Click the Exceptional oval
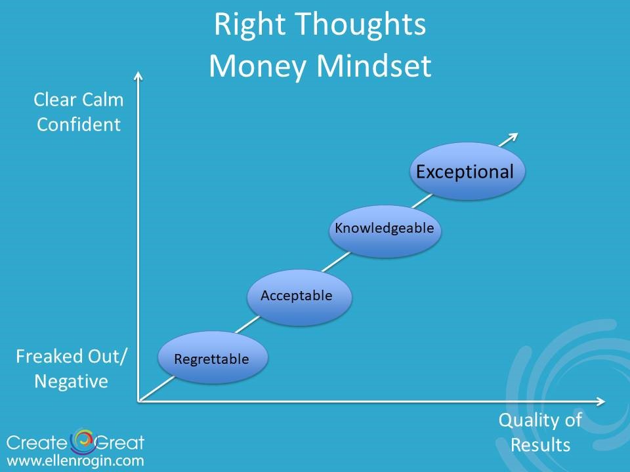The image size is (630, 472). (x=467, y=171)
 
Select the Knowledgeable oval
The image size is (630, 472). (x=385, y=231)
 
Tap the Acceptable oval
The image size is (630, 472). (x=299, y=297)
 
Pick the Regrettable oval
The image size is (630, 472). (x=213, y=357)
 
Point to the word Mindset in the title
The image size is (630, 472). (x=374, y=66)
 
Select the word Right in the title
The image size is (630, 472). (x=250, y=25)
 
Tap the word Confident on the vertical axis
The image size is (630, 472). (x=79, y=125)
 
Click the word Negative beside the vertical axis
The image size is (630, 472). (x=71, y=382)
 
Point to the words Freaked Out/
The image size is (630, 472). (x=71, y=357)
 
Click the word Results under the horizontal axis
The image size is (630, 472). (x=540, y=444)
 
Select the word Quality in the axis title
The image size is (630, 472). (x=530, y=421)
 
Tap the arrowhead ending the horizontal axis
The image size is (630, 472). (x=600, y=401)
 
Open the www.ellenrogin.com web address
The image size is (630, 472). (x=75, y=461)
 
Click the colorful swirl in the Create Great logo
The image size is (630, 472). (x=83, y=441)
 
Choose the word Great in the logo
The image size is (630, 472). (x=119, y=442)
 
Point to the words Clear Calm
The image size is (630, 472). (x=79, y=100)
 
